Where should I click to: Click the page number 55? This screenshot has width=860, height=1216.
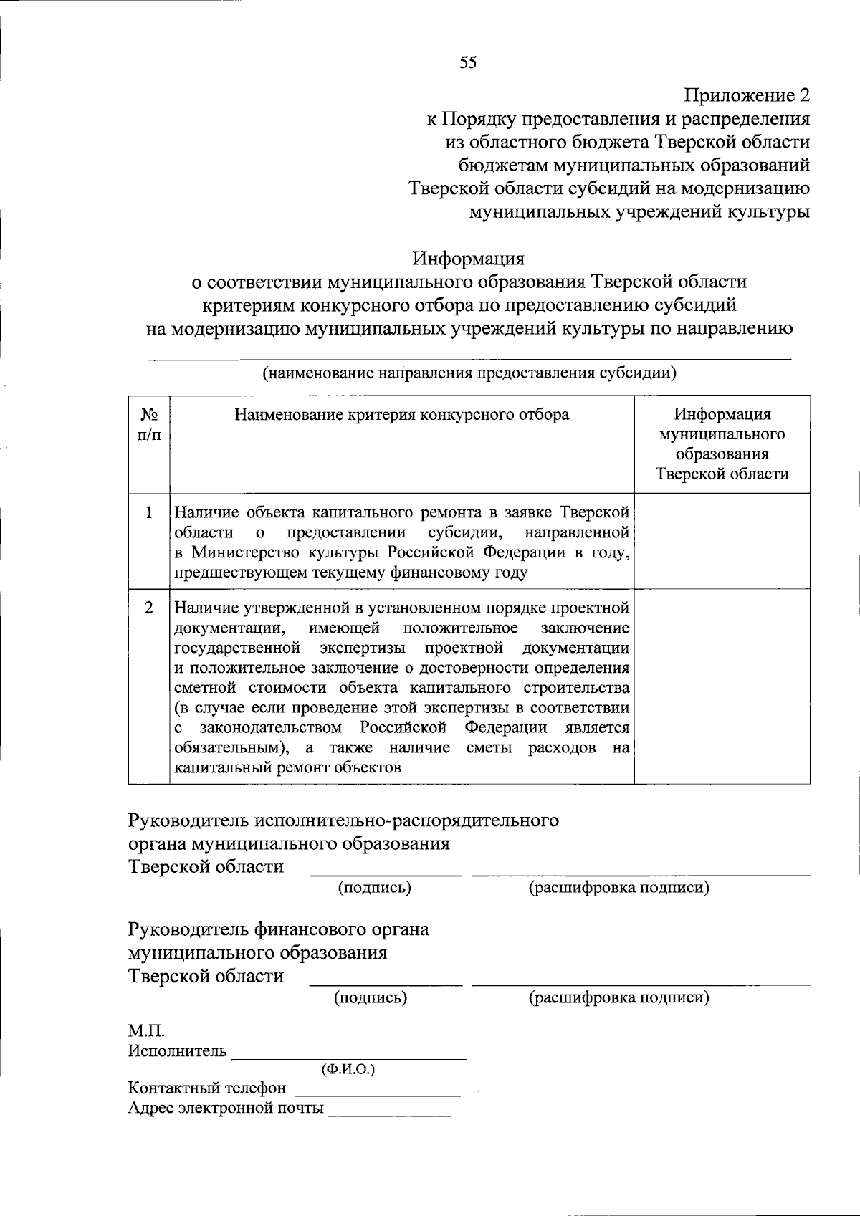tap(468, 63)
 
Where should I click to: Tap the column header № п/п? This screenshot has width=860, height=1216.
tap(149, 425)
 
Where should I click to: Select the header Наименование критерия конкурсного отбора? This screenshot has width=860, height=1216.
tap(402, 415)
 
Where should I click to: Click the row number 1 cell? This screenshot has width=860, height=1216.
tap(149, 513)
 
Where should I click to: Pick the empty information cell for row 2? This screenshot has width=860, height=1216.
tap(722, 686)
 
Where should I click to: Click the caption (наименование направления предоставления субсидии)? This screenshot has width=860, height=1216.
tap(469, 373)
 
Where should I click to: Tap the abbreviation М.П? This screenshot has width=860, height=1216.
tap(146, 1032)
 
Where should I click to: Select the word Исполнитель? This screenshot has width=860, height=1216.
tap(177, 1051)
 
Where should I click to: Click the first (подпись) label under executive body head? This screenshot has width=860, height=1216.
tap(374, 888)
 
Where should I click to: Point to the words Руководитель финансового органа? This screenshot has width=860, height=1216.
tap(278, 930)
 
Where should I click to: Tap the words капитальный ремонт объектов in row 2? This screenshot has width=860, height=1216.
tap(287, 767)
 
